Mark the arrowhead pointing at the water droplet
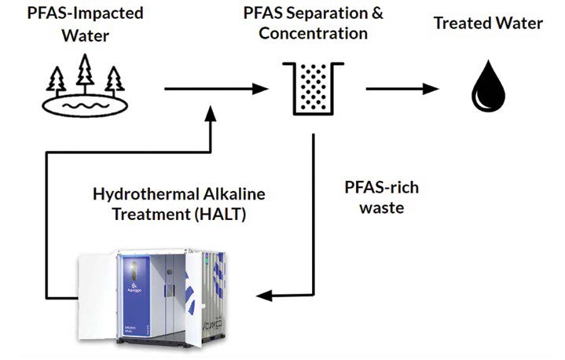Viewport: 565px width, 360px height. [431, 89]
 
